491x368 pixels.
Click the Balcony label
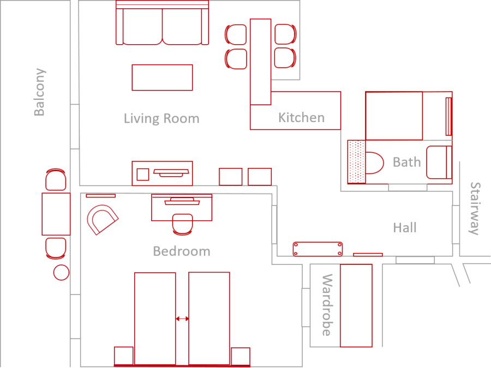[x=40, y=92]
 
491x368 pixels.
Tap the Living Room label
[x=161, y=119]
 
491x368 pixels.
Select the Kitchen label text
[x=302, y=118]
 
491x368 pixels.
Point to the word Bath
[x=407, y=162]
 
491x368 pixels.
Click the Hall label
[x=405, y=228]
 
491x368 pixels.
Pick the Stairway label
[x=475, y=208]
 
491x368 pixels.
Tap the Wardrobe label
[x=327, y=305]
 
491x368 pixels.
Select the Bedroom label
[x=182, y=251]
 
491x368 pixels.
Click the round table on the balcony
[x=61, y=272]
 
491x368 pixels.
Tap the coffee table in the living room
[x=162, y=77]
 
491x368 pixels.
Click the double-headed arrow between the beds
[x=182, y=319]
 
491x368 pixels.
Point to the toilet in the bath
[x=374, y=162]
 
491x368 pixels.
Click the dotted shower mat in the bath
[x=356, y=162]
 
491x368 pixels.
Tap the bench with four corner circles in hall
[x=318, y=249]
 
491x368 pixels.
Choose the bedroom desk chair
[x=183, y=225]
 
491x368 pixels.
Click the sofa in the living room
[x=162, y=22]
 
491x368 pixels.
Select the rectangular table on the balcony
[x=56, y=214]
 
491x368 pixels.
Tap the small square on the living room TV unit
[x=143, y=174]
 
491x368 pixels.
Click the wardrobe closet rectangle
[x=356, y=306]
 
